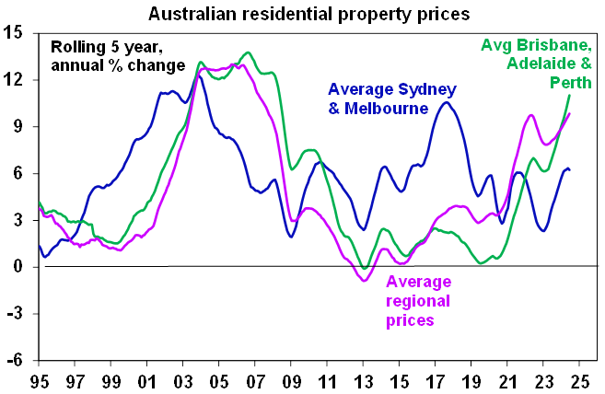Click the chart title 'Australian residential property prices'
click(302, 14)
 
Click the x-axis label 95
click(40, 379)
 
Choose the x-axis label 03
click(184, 379)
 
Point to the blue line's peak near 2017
click(447, 102)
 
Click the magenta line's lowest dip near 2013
click(365, 280)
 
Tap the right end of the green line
click(570, 95)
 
